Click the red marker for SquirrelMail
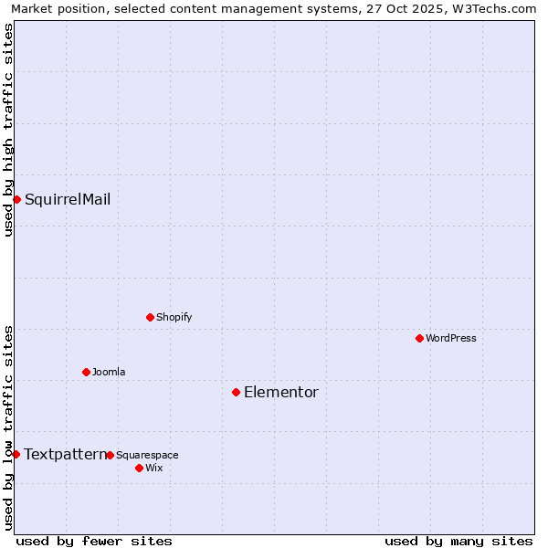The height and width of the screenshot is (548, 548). point(16,199)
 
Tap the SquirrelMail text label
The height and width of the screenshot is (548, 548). point(68,199)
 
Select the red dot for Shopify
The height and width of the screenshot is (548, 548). point(150,317)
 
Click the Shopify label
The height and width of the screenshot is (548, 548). point(174,317)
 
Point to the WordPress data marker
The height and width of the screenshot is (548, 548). point(419,338)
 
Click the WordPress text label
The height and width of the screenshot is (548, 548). point(450,338)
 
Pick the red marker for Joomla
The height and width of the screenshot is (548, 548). point(86,372)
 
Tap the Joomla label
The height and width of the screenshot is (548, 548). point(108,372)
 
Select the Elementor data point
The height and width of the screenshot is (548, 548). point(236,392)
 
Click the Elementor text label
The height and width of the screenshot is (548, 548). point(280,392)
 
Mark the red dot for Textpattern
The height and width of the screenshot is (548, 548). point(16,454)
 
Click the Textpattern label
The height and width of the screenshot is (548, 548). point(64,454)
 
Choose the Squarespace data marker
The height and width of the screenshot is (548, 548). point(110,455)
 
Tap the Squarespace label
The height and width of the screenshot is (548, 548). point(147,455)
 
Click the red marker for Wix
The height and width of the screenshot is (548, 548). point(139,468)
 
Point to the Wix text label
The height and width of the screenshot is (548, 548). point(153,468)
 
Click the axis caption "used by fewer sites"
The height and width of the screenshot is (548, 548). point(94,541)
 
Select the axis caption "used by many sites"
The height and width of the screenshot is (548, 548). point(458,541)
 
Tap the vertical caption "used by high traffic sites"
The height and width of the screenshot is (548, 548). point(8,130)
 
